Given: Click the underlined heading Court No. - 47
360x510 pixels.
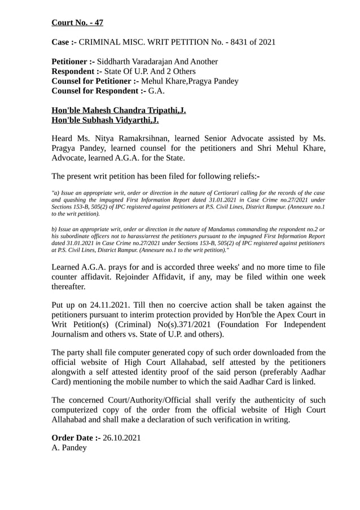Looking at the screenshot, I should [x=77, y=23].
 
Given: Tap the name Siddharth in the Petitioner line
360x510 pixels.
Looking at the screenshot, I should [x=118, y=61].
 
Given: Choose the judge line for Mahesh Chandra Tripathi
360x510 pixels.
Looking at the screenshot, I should [x=118, y=110].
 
